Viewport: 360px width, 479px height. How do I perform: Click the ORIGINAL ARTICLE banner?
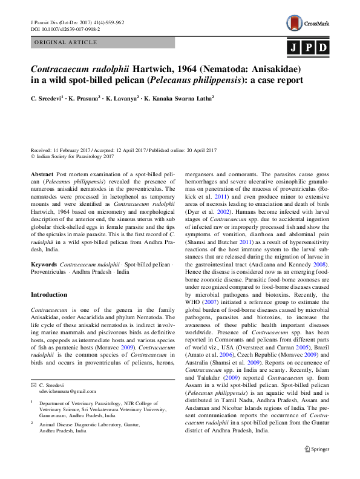coord(66,42)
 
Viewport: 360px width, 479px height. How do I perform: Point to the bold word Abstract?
coord(42,174)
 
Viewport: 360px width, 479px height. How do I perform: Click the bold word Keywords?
coord(44,264)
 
